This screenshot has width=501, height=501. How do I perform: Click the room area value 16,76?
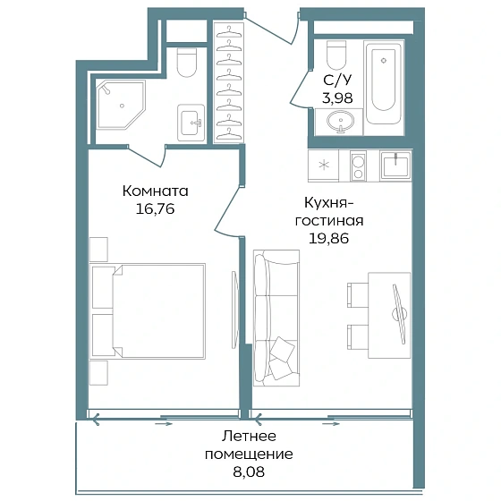pyautogui.click(x=156, y=209)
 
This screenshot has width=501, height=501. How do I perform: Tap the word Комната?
pyautogui.click(x=156, y=191)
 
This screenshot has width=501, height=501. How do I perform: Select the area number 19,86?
pyautogui.click(x=329, y=238)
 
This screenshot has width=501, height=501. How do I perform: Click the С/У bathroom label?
pyautogui.click(x=337, y=80)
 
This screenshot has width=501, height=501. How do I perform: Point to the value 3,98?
pyautogui.click(x=337, y=98)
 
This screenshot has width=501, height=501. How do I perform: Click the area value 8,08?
pyautogui.click(x=249, y=471)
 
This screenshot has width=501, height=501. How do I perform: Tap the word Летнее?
pyautogui.click(x=249, y=436)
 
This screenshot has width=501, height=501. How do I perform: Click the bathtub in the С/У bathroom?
pyautogui.click(x=384, y=84)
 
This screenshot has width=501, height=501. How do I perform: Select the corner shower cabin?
pyautogui.click(x=121, y=105)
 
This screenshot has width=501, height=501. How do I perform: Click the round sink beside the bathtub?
pyautogui.click(x=340, y=122)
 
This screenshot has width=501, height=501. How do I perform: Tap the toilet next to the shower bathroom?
pyautogui.click(x=187, y=63)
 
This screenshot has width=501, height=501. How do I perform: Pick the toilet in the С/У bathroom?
pyautogui.click(x=336, y=55)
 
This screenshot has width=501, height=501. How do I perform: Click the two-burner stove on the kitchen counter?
pyautogui.click(x=358, y=166)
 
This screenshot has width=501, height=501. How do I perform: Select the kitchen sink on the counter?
pyautogui.click(x=396, y=166)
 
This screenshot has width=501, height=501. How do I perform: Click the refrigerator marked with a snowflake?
pyautogui.click(x=323, y=166)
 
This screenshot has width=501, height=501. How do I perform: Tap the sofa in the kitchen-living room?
pyautogui.click(x=276, y=318)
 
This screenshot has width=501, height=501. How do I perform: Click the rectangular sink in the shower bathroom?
pyautogui.click(x=191, y=123)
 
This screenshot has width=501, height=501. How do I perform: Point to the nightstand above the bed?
pyautogui.click(x=98, y=250)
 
